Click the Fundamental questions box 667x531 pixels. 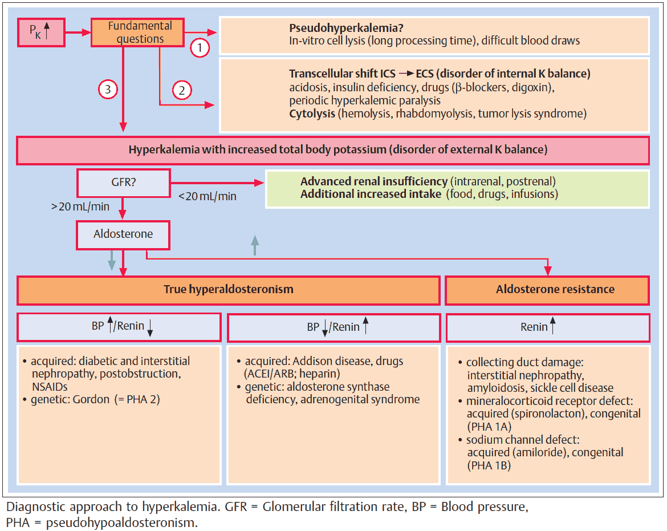136,33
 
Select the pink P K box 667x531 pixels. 40,32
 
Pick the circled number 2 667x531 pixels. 181,90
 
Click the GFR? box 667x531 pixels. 123,184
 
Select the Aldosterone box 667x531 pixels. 123,234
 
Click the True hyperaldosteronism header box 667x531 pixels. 229,290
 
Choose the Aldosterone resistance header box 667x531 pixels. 547,290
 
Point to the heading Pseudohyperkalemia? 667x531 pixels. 335,29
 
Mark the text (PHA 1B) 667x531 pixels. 489,465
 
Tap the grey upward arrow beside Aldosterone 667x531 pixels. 255,245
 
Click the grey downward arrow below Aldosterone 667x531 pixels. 112,260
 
